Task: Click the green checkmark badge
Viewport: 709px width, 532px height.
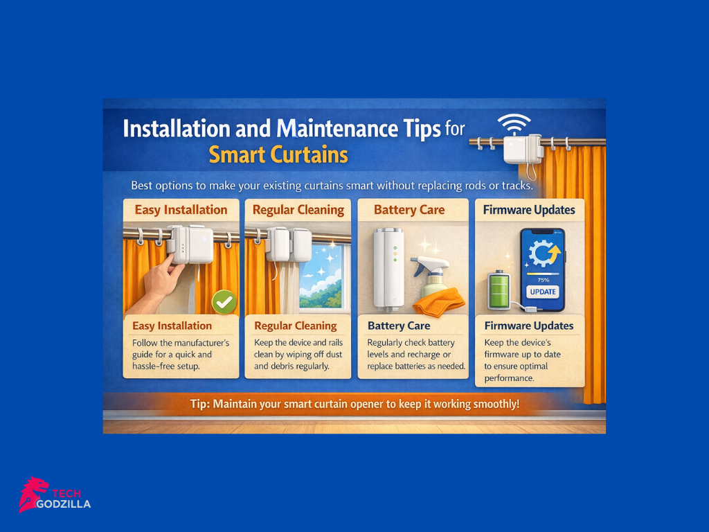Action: click(x=224, y=301)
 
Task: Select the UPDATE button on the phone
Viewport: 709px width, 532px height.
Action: click(x=543, y=292)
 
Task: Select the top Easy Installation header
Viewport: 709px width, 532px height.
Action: click(x=181, y=210)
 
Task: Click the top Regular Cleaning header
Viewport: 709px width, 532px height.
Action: click(x=298, y=210)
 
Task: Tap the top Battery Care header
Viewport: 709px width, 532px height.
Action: click(x=409, y=210)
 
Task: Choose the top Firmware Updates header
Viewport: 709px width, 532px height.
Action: click(x=530, y=210)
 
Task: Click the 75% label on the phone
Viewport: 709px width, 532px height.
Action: click(x=542, y=280)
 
